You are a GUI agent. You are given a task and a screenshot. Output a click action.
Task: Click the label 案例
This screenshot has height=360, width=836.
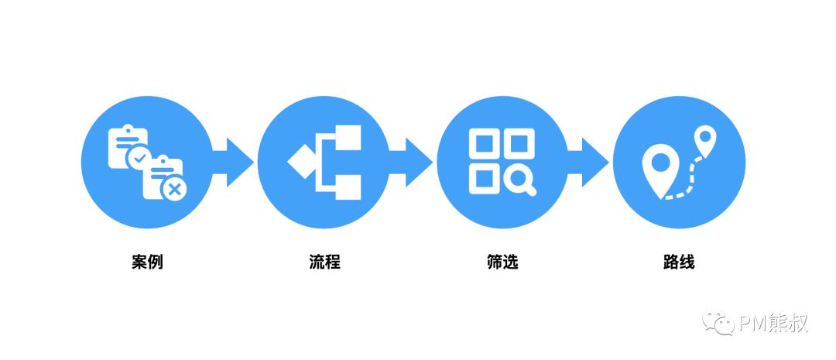point(147,262)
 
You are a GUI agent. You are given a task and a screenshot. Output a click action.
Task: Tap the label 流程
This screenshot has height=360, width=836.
point(324,262)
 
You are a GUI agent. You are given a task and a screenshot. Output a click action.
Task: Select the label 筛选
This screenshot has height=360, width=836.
point(502,262)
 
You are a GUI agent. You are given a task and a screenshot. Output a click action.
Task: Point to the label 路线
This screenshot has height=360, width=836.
point(680,262)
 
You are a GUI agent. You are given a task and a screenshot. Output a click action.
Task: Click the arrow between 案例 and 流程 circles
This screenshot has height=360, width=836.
point(234,162)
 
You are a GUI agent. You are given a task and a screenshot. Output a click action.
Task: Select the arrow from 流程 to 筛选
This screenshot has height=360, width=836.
point(411,162)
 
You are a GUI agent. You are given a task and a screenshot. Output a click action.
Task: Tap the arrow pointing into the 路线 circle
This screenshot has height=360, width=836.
point(588,162)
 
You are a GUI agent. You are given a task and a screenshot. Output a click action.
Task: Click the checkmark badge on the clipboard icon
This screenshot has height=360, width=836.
point(139,157)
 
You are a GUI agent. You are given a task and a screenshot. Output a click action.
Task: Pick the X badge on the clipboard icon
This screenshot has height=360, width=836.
point(173,189)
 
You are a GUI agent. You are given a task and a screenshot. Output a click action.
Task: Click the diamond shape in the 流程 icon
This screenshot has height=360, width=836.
point(301,162)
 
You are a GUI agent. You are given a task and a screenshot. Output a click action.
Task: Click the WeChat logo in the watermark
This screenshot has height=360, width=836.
point(718,323)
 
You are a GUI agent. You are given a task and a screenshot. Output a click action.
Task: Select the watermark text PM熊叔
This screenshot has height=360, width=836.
point(773,323)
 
